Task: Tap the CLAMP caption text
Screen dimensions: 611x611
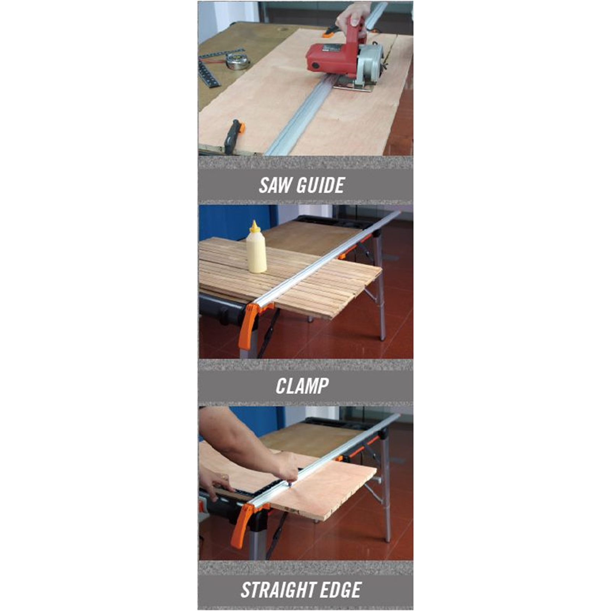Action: pyautogui.click(x=302, y=386)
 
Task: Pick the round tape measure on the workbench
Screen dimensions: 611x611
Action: pyautogui.click(x=237, y=61)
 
